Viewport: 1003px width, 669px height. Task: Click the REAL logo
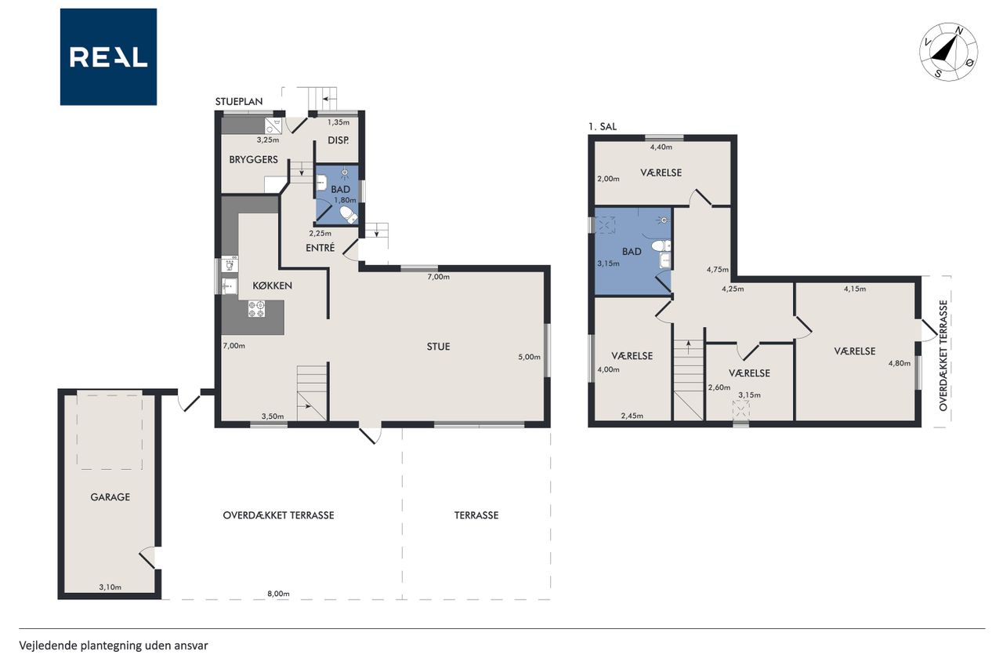pyautogui.click(x=108, y=57)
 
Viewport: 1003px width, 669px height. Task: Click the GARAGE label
pyautogui.click(x=110, y=497)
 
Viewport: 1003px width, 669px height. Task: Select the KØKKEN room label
pyautogui.click(x=272, y=285)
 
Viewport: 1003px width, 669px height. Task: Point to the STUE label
pyautogui.click(x=438, y=347)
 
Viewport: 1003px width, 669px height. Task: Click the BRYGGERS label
pyautogui.click(x=253, y=159)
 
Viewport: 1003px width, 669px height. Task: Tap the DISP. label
pyautogui.click(x=338, y=140)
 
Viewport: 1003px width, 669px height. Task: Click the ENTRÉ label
pyautogui.click(x=320, y=247)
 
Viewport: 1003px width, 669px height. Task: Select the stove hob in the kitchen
pyautogui.click(x=256, y=309)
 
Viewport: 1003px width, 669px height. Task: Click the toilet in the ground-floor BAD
pyautogui.click(x=349, y=215)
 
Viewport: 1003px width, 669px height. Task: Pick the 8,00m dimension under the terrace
pyautogui.click(x=278, y=594)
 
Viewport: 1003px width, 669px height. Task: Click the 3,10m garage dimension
pyautogui.click(x=110, y=587)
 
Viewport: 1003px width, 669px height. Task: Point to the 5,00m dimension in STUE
pyautogui.click(x=529, y=357)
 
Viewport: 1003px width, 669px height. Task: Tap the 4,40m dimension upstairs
pyautogui.click(x=661, y=147)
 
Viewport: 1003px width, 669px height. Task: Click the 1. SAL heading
pyautogui.click(x=603, y=127)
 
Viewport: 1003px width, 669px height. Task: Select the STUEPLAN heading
pyautogui.click(x=239, y=102)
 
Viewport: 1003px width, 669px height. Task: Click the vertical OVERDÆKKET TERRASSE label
pyautogui.click(x=943, y=355)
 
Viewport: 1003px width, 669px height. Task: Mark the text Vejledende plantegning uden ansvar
pyautogui.click(x=114, y=645)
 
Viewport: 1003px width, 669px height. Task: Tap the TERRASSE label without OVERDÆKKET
pyautogui.click(x=476, y=515)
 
